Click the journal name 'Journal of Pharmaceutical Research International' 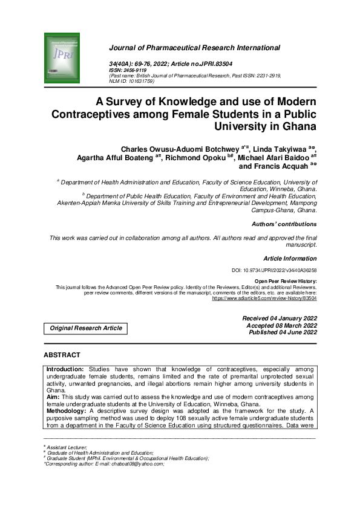pos(194,47)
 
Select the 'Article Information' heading pos(290,259)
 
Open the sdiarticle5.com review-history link pos(264,299)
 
